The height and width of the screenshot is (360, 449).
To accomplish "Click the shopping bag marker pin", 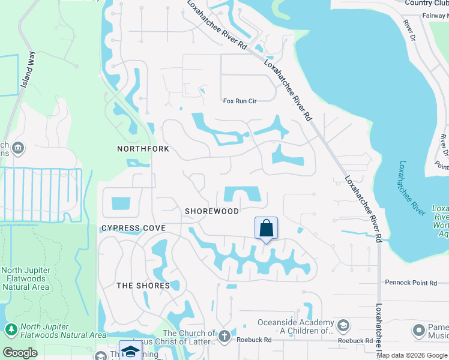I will [266, 229].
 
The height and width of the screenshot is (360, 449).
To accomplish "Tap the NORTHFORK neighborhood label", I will [143, 149].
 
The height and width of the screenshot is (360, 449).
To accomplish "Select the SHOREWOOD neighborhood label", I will [212, 211].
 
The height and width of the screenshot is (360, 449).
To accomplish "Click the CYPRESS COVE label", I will [133, 229].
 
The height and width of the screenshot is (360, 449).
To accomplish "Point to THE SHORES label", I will [143, 286].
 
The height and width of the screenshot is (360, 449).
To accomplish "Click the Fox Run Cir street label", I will [240, 101].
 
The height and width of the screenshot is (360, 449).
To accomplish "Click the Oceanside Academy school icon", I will [343, 326].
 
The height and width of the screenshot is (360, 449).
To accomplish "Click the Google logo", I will [20, 352].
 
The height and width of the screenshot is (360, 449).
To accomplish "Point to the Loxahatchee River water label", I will [412, 187].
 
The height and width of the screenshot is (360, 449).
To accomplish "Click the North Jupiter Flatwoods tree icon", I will [10, 329].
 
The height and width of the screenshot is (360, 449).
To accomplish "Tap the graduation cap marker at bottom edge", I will [130, 351].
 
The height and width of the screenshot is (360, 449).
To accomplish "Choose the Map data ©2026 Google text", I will [412, 355].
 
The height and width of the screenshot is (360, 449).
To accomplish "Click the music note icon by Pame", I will [419, 330].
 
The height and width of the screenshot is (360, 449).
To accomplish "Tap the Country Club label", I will [427, 3].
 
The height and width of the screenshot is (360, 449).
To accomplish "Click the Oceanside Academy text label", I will [295, 326].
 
